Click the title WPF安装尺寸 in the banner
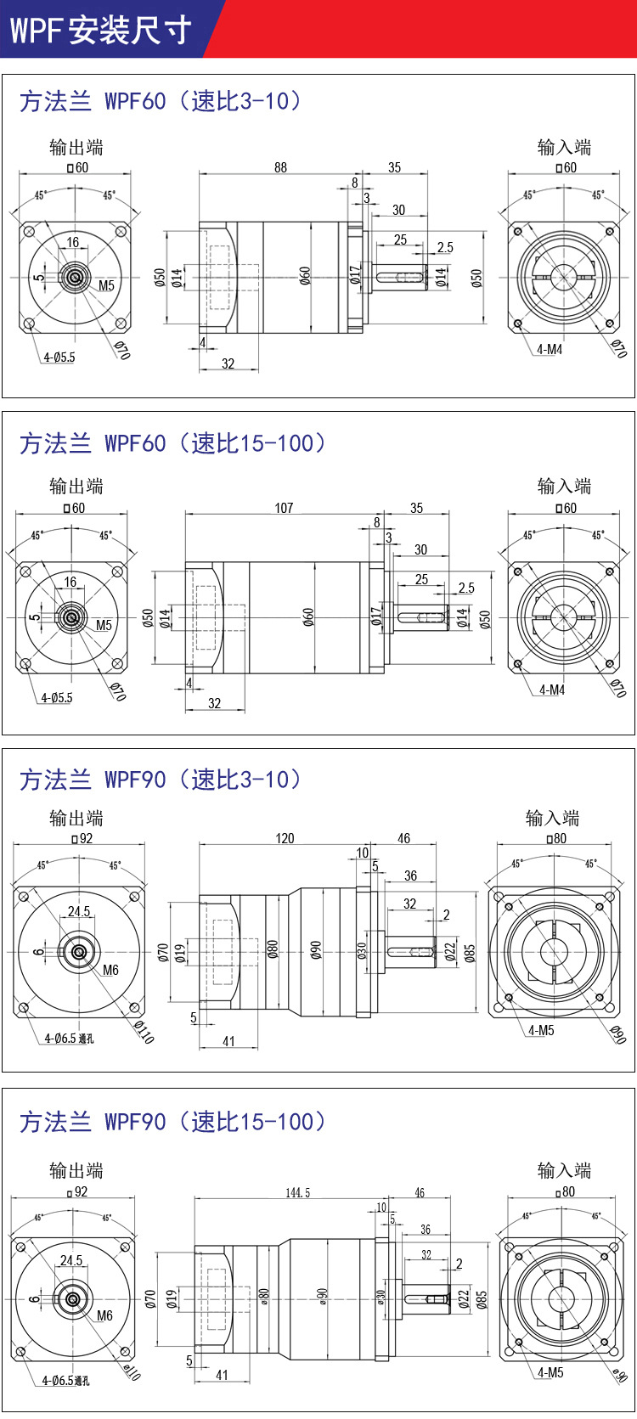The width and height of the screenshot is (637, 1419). point(100,30)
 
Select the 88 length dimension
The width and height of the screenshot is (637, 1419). point(280,167)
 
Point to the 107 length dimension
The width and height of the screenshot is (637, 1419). point(284,508)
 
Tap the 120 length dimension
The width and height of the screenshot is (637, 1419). point(285,838)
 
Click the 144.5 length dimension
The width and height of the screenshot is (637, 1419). point(297,1193)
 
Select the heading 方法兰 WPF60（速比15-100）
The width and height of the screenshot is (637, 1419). point(172,443)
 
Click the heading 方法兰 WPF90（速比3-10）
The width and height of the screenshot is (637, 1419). point(160,780)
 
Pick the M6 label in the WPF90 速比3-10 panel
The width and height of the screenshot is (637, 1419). point(110,970)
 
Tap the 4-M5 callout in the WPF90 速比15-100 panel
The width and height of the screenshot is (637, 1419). point(550,1372)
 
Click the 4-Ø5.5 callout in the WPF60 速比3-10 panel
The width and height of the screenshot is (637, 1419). point(59,358)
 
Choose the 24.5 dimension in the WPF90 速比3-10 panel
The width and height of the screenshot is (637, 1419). point(79,911)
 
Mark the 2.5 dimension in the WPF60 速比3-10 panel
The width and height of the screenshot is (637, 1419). point(445,248)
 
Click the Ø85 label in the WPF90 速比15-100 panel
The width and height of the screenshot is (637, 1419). point(482,1300)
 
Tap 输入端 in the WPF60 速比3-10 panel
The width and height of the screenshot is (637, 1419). point(564,147)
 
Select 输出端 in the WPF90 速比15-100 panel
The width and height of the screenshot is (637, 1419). point(76,1170)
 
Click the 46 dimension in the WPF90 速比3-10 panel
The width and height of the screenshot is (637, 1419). point(403,838)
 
